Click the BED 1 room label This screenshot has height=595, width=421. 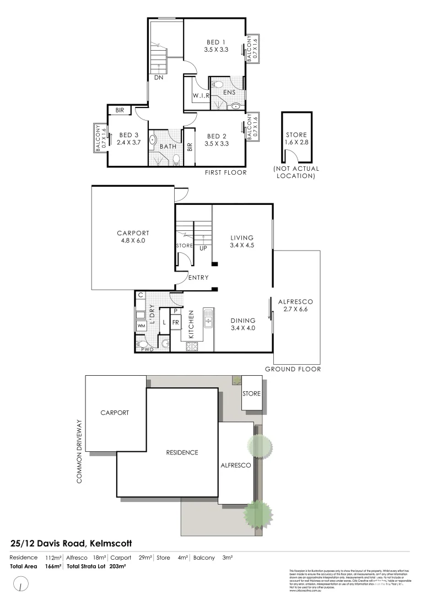(x=216, y=42)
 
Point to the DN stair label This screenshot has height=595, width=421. (x=159, y=78)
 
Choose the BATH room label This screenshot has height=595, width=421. (x=168, y=147)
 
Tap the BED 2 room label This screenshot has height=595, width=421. (x=216, y=136)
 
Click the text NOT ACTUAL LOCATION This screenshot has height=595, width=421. (x=296, y=172)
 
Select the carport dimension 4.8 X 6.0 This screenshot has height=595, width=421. (x=133, y=241)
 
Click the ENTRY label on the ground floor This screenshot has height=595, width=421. (x=198, y=278)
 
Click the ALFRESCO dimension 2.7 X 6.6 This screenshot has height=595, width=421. (x=295, y=310)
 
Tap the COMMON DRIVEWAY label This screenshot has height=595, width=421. (x=79, y=451)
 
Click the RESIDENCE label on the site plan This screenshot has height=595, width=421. (x=182, y=452)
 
